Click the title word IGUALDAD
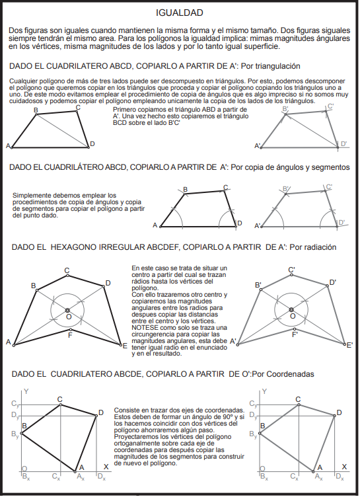(180, 13)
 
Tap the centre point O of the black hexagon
(67, 310)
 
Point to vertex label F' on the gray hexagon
(295, 335)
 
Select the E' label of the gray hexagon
(349, 345)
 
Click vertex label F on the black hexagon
(70, 336)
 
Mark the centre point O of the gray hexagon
(291, 309)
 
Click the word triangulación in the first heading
(270, 66)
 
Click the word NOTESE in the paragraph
(143, 328)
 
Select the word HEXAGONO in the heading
(73, 247)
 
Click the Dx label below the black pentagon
(102, 477)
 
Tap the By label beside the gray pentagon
(253, 434)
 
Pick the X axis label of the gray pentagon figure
(344, 467)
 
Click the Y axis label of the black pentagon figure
(26, 391)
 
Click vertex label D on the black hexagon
(108, 283)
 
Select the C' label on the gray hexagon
(291, 270)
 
